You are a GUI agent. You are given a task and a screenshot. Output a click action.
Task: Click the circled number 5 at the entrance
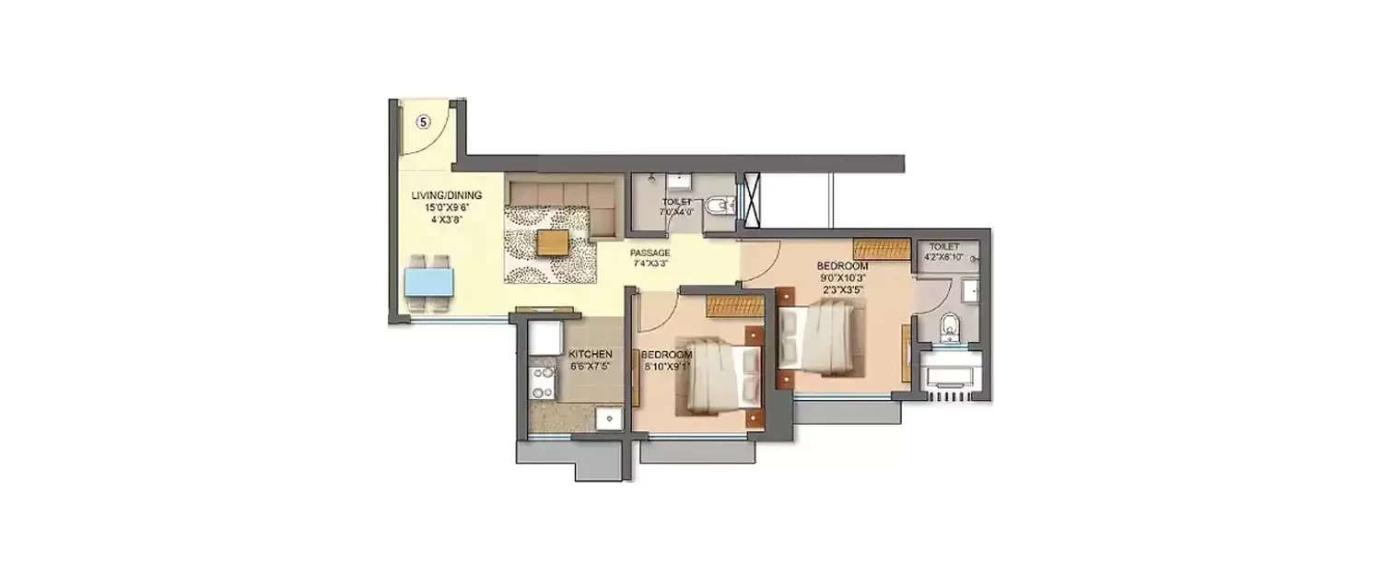tap(423, 121)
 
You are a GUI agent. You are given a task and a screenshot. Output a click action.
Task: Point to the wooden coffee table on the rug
tap(553, 242)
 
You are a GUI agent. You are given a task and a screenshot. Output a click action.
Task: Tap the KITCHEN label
tap(590, 354)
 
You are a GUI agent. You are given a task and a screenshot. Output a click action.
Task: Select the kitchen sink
tap(607, 418)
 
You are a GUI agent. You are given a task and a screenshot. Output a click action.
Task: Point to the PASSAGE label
tap(650, 253)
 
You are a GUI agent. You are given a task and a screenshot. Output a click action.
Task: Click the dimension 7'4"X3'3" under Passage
tap(650, 264)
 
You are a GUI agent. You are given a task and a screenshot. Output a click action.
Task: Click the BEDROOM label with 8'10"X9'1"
tap(666, 355)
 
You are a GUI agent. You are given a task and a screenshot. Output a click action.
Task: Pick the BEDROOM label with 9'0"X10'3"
tap(842, 265)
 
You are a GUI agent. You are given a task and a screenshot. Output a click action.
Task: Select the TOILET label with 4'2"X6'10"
tap(944, 247)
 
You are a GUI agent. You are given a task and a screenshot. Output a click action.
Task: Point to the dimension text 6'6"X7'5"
tap(590, 365)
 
